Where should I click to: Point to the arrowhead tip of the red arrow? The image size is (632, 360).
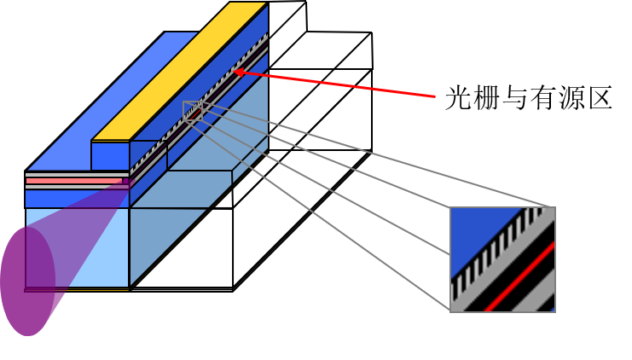[235, 72]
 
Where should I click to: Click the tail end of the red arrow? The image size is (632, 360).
[435, 96]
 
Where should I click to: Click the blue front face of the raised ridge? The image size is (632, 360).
[110, 155]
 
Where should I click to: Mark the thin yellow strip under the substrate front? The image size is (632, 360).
[77, 290]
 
